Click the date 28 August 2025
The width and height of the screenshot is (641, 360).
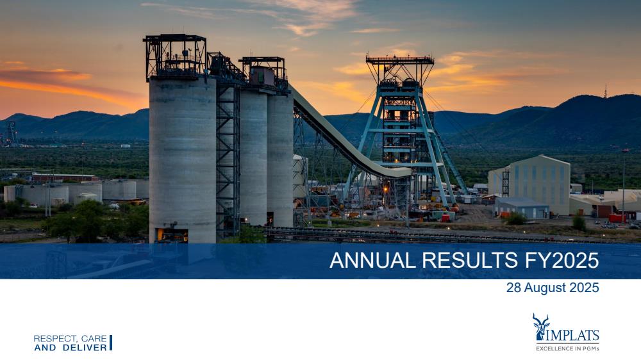(553, 288)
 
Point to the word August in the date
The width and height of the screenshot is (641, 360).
(544, 288)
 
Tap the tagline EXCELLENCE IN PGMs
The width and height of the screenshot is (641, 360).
(567, 348)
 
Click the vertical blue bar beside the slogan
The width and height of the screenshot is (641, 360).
(111, 343)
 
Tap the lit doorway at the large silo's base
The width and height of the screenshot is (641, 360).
(172, 235)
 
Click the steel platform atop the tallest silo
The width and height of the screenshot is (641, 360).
(176, 56)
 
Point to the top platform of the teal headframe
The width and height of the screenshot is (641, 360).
(400, 60)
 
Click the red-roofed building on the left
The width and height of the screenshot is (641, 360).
(65, 177)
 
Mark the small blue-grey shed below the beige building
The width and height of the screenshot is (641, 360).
(522, 208)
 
